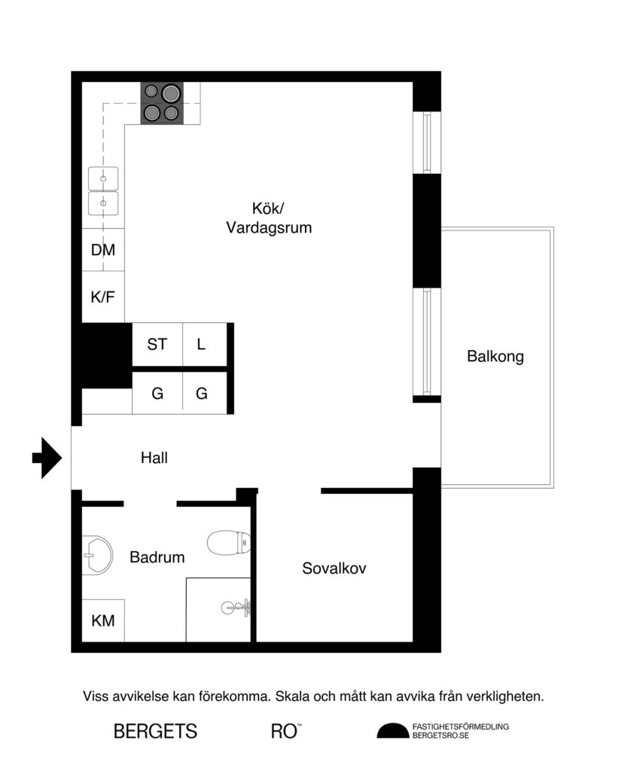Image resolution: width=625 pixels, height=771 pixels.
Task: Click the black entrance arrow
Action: pos(47,456)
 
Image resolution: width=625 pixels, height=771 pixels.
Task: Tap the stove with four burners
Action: pos(161,102)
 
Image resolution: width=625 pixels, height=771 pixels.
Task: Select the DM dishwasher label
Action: pos(103,250)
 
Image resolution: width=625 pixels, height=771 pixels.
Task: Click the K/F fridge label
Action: pos(103,297)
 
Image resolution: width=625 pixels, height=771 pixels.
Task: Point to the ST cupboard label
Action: pos(157,345)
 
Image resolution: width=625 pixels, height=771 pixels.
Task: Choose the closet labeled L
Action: pos(201,345)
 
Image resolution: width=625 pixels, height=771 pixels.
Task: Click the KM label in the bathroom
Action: pos(103,620)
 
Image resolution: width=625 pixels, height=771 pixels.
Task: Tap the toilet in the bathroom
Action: pos(228,541)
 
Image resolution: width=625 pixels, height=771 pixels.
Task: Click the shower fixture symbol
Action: pos(237,606)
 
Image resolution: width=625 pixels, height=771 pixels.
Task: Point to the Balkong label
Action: pos(495,356)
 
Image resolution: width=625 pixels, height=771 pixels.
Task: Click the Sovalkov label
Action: pos(334,568)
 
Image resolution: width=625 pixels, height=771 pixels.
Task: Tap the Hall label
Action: pos(154,457)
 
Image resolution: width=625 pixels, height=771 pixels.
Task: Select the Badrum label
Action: pos(157,557)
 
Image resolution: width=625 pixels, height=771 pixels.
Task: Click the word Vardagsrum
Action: pos(269,227)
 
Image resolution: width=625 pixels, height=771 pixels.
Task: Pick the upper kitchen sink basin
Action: pos(104,179)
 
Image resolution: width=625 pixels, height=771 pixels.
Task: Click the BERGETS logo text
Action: pos(155,731)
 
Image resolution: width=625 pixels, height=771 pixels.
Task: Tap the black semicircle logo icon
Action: pos(392,731)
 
